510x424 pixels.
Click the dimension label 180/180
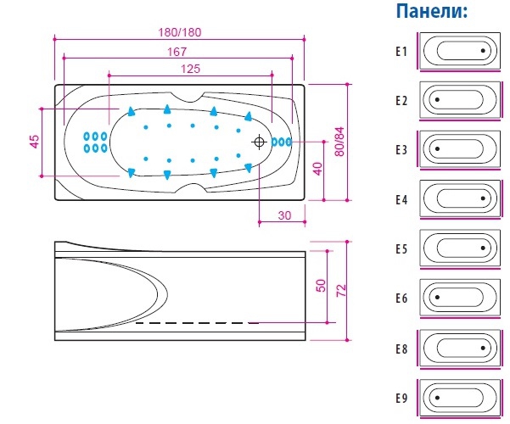tap(179, 31)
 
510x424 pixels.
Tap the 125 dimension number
tap(190, 68)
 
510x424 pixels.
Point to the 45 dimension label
tap(35, 142)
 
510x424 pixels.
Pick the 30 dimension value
tap(284, 215)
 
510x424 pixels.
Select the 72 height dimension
tap(341, 289)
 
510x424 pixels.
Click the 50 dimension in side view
tap(321, 284)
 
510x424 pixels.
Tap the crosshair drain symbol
tap(259, 142)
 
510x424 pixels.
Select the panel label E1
tap(401, 51)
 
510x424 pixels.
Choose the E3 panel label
tap(401, 150)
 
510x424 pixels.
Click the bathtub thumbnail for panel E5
tap(459, 249)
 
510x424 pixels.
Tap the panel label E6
tap(401, 298)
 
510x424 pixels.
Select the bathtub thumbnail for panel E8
tap(459, 348)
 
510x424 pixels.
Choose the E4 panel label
tap(401, 200)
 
